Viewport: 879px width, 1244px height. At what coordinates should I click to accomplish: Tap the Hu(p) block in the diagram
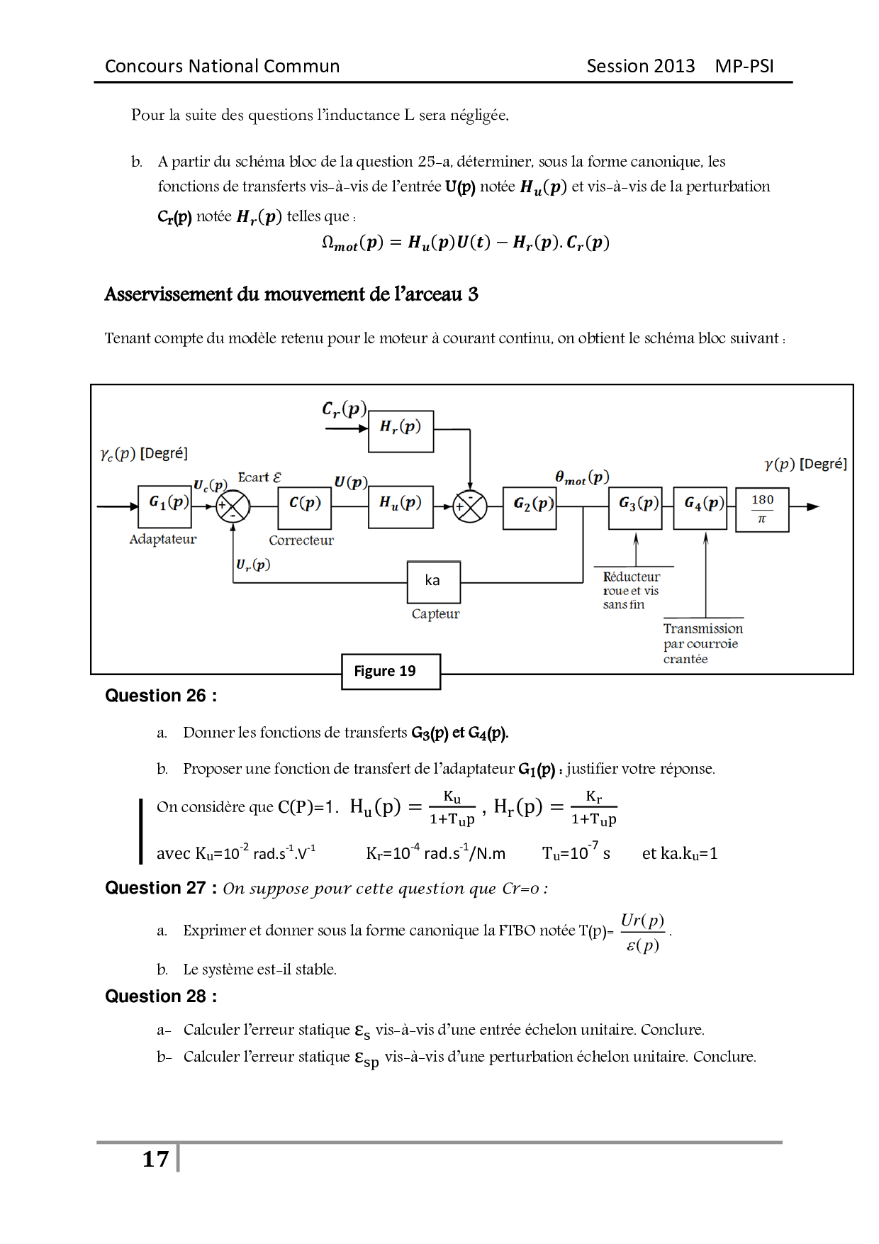[x=401, y=506]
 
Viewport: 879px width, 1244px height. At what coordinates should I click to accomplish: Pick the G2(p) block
[x=530, y=507]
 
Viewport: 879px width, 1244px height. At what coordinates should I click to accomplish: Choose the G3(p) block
[x=635, y=507]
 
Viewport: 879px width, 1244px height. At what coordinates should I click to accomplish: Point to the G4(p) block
[x=700, y=507]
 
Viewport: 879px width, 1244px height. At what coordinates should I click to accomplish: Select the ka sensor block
[x=433, y=582]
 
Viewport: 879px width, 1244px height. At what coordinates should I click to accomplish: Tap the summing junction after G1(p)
[x=233, y=507]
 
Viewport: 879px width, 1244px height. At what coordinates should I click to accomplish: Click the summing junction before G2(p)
[x=469, y=507]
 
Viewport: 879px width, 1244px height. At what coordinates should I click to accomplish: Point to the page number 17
[x=155, y=1159]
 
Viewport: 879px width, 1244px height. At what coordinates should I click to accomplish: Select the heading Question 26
[x=161, y=696]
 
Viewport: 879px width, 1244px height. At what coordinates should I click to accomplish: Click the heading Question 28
[x=161, y=996]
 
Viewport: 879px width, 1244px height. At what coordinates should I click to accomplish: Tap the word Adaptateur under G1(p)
[x=162, y=540]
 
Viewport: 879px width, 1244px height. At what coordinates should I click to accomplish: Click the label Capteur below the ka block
[x=435, y=614]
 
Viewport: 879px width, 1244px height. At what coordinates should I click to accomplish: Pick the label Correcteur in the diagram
[x=301, y=540]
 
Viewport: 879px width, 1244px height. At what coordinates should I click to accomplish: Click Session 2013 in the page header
[x=640, y=66]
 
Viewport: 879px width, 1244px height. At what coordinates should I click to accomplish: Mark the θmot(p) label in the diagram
[x=582, y=478]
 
